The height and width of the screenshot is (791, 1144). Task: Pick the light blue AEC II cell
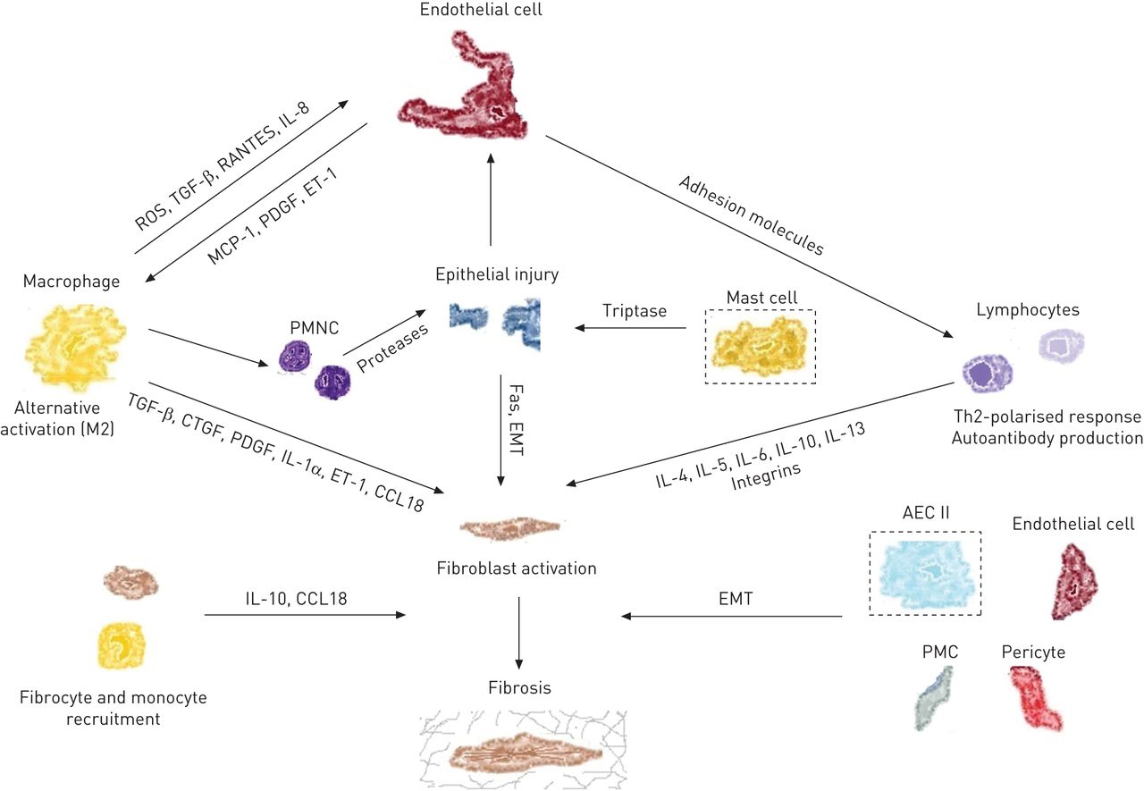(x=925, y=573)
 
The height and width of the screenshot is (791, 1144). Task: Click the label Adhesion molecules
(x=751, y=216)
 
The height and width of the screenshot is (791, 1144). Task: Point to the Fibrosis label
(x=519, y=688)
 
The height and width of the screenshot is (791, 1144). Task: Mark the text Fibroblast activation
(x=517, y=568)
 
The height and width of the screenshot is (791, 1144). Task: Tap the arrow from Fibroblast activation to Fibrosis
(x=519, y=629)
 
